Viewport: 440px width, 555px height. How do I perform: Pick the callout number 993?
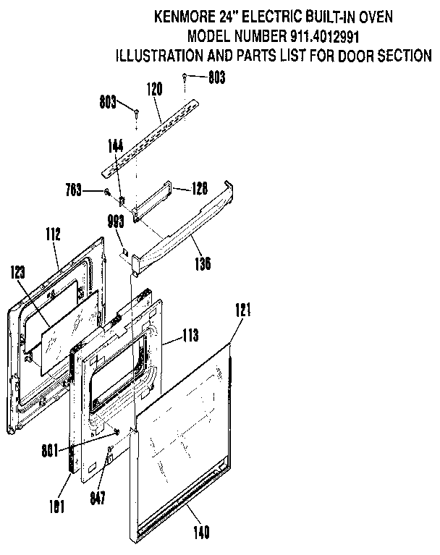tap(115, 223)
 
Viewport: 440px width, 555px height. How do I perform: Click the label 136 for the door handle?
tap(202, 263)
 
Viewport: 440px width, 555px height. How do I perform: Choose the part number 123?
tap(20, 273)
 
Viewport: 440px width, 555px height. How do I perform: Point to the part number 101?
tap(56, 506)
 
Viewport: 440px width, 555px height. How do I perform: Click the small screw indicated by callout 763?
tap(106, 192)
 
